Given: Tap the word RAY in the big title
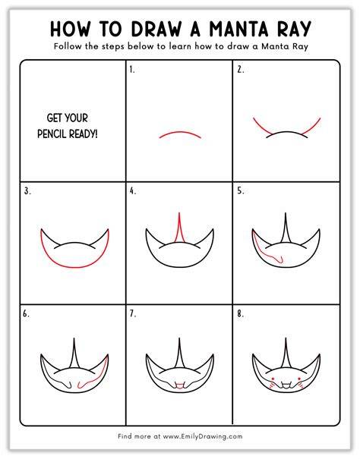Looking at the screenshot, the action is coord(293,29).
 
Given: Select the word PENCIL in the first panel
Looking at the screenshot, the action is coord(52,134).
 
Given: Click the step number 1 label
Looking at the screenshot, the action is coord(132,70).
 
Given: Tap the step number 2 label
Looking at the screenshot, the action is coord(241,70).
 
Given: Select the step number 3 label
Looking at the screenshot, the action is coord(27,191).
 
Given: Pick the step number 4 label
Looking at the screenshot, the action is coord(133,191).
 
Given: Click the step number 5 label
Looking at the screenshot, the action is coord(241,191).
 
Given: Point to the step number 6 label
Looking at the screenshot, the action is coord(26,314).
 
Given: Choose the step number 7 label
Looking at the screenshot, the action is coord(133,314).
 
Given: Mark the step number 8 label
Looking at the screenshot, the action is coord(241,314).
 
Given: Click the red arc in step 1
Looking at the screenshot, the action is coord(180,132).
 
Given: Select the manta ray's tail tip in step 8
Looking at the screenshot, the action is coord(286,338).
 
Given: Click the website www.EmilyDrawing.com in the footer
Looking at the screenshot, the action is coord(203,436).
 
